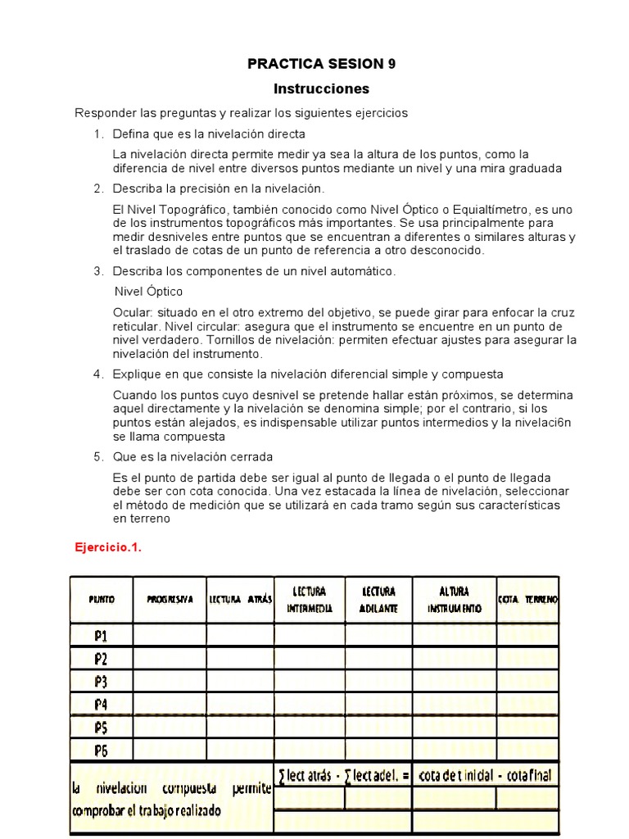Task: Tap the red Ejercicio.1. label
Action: [108, 548]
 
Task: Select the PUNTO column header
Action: [102, 600]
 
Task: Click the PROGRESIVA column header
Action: [170, 600]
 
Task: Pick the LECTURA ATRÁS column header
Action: [240, 600]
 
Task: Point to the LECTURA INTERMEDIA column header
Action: [309, 600]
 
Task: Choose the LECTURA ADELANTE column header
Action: [378, 600]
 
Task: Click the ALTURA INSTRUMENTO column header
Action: [454, 600]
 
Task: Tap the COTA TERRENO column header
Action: [527, 600]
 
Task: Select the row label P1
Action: [102, 635]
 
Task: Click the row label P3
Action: [102, 681]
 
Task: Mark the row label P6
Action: [102, 749]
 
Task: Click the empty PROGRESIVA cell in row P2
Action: [170, 658]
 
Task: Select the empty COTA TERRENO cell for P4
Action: [527, 704]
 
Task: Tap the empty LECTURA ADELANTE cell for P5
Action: [378, 727]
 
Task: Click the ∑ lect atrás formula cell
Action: [342, 775]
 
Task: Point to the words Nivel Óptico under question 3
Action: [148, 291]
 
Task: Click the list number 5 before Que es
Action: [97, 456]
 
